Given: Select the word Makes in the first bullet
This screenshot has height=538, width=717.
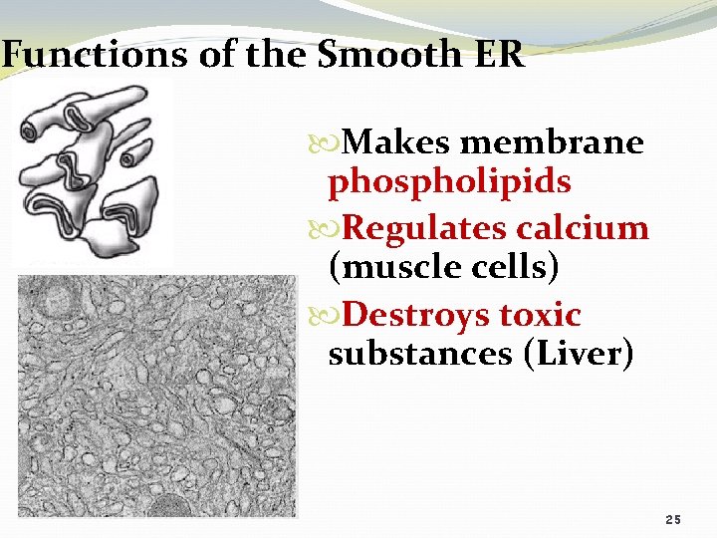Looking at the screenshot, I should pyautogui.click(x=396, y=143).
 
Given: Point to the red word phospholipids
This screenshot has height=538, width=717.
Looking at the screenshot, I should pyautogui.click(x=449, y=182).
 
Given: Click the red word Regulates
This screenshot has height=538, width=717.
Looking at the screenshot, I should pyautogui.click(x=424, y=228).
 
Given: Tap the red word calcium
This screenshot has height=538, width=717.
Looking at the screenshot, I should pyautogui.click(x=583, y=228).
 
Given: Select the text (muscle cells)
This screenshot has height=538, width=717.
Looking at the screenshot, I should pyautogui.click(x=443, y=267).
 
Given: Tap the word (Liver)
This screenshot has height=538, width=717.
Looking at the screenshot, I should pyautogui.click(x=578, y=354).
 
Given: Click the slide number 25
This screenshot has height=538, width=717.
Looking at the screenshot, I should pyautogui.click(x=673, y=521).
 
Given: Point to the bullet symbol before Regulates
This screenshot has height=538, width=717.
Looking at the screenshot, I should pyautogui.click(x=334, y=229).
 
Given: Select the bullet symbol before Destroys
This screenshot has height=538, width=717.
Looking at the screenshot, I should pyautogui.click(x=334, y=316).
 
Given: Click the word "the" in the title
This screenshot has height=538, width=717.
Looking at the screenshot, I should pyautogui.click(x=270, y=54).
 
